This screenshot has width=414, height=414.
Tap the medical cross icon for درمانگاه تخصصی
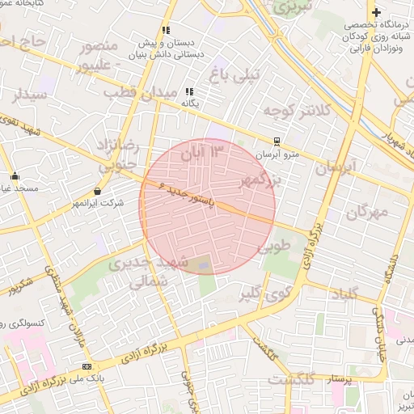(x=376, y=12)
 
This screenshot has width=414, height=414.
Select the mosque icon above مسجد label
(x=14, y=175)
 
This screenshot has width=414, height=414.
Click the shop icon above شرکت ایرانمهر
(x=98, y=192)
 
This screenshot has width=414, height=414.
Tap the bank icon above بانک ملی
(x=87, y=365)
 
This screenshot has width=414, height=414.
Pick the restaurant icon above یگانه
(x=189, y=91)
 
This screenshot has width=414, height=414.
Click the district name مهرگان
(x=368, y=213)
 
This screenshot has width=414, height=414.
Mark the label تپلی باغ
(x=234, y=75)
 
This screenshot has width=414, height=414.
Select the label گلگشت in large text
(x=290, y=379)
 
